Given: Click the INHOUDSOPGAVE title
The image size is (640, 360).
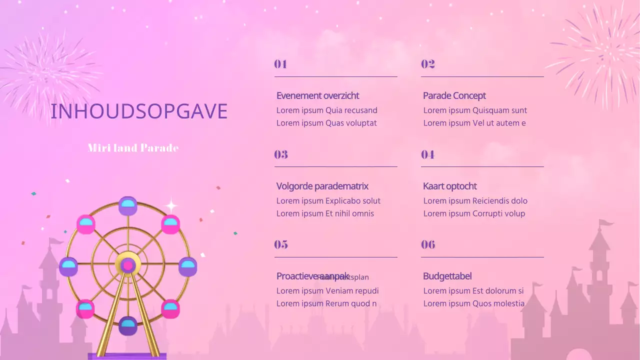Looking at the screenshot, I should pyautogui.click(x=139, y=111).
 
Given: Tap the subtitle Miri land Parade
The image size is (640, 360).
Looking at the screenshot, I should pyautogui.click(x=133, y=148).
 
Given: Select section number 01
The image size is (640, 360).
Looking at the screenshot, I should pyautogui.click(x=280, y=64).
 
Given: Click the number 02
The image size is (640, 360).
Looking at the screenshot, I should pyautogui.click(x=427, y=64).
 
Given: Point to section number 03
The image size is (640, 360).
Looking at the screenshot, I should pyautogui.click(x=281, y=154).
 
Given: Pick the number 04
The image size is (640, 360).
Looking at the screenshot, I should pyautogui.click(x=427, y=154).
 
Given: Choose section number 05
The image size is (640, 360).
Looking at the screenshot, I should pyautogui.click(x=281, y=244).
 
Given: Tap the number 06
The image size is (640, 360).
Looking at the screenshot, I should pyautogui.click(x=428, y=244).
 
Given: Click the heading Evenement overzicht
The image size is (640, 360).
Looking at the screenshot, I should pyautogui.click(x=317, y=95).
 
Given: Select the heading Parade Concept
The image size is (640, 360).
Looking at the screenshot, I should pyautogui.click(x=454, y=95).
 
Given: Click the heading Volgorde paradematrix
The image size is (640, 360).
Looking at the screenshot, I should pyautogui.click(x=322, y=186).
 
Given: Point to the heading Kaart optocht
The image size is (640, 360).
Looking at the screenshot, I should pyautogui.click(x=449, y=186).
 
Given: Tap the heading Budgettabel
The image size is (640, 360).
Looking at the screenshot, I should pyautogui.click(x=447, y=276).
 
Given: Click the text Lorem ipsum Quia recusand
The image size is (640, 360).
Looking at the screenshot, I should pyautogui.click(x=326, y=110).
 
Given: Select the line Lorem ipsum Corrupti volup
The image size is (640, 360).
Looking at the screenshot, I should pyautogui.click(x=474, y=213).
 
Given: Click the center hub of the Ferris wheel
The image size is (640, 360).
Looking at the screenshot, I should pyautogui.click(x=128, y=265).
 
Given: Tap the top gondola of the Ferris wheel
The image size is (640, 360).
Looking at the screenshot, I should pyautogui.click(x=128, y=205).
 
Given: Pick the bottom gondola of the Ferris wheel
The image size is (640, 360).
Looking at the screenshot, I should pyautogui.click(x=128, y=326).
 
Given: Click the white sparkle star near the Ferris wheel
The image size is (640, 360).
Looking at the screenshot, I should pyautogui.click(x=171, y=205).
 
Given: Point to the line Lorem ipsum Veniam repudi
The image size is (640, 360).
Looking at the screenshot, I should pyautogui.click(x=327, y=291).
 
